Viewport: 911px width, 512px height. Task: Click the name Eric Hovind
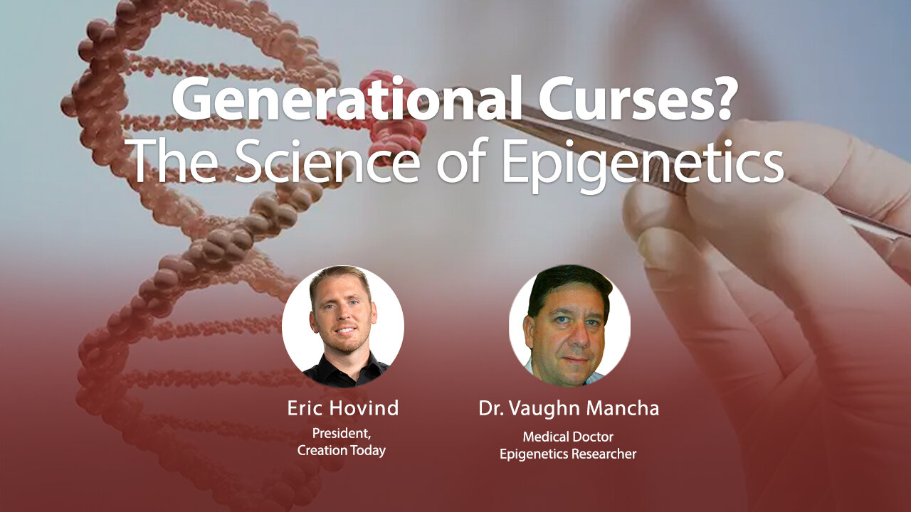point(342,408)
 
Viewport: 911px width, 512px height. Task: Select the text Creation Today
point(342,451)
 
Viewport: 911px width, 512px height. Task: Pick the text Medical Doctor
point(568,436)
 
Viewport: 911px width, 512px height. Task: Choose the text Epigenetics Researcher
point(568,454)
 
